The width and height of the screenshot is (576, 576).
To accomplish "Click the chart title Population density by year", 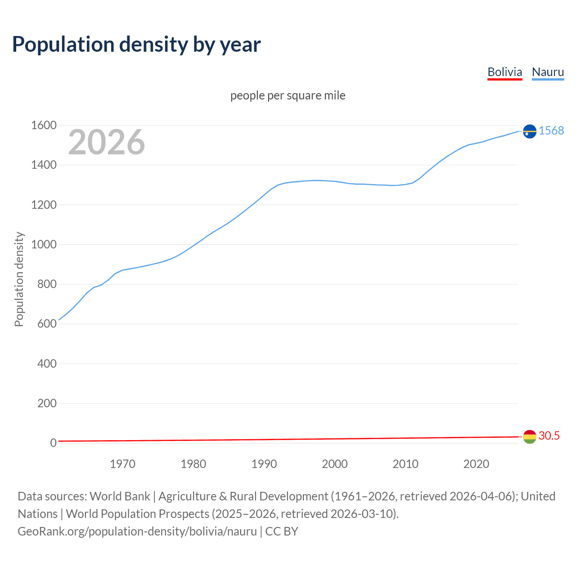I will [x=136, y=44].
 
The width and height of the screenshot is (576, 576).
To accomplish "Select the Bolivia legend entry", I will [x=504, y=72].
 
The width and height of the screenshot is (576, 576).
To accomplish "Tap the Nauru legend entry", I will [x=548, y=72].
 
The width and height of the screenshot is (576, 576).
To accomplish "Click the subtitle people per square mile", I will [x=288, y=95].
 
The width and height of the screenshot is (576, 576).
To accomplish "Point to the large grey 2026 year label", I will [x=107, y=142].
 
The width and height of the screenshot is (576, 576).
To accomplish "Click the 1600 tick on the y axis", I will [x=44, y=126].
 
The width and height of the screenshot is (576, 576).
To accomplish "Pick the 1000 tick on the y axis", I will [x=44, y=245].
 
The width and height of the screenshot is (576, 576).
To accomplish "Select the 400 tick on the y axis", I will [x=47, y=364].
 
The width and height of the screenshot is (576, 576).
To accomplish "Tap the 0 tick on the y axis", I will [x=53, y=443].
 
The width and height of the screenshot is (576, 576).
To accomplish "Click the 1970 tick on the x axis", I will [x=122, y=464].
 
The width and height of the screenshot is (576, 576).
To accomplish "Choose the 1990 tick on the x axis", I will [x=264, y=464].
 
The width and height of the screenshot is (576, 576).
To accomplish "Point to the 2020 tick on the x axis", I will [x=476, y=464].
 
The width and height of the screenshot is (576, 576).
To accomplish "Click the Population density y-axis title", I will [x=19, y=279].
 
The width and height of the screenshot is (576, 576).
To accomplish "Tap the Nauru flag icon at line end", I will [x=530, y=131].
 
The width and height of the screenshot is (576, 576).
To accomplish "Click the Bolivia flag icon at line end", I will [x=530, y=436].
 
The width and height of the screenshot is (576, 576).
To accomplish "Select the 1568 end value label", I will [x=551, y=130].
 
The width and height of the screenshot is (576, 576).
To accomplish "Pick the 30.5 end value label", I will [x=549, y=436].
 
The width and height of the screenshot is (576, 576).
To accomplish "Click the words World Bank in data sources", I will [x=120, y=496].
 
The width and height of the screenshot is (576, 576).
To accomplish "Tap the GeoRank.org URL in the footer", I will [x=137, y=531].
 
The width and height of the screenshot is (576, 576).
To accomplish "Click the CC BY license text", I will [x=282, y=531].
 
